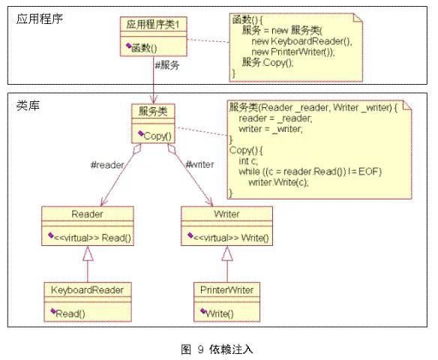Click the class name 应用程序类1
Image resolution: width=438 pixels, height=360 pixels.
[x=152, y=25]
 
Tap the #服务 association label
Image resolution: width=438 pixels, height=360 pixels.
[x=167, y=65]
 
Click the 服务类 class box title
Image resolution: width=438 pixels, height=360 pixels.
[x=153, y=112]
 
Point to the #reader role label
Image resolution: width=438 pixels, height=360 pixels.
[x=107, y=165]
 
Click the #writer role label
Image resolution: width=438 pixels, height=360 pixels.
[x=200, y=164]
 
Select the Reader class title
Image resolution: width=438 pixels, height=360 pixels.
[x=87, y=214]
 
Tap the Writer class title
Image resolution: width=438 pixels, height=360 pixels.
[x=226, y=214]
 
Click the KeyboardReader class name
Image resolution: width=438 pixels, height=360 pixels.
[x=87, y=290]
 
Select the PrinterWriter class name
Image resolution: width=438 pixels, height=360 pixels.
[x=226, y=290]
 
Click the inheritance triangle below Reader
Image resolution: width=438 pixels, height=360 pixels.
[x=88, y=253]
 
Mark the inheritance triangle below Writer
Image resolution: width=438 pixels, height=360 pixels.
[x=227, y=253]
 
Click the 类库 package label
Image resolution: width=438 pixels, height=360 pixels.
[x=28, y=106]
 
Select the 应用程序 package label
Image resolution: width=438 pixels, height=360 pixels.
[x=40, y=19]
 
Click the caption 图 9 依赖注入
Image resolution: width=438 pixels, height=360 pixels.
[x=217, y=349]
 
